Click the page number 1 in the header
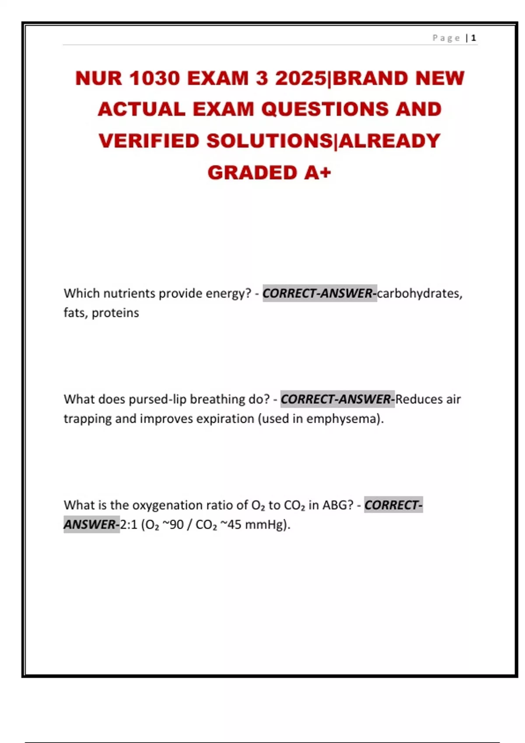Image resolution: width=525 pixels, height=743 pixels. tap(473, 38)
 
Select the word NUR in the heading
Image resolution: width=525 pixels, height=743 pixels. tap(99, 79)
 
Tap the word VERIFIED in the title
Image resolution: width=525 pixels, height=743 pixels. tap(149, 141)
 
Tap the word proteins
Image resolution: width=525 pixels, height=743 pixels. tap(115, 313)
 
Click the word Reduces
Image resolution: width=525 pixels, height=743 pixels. tap(419, 399)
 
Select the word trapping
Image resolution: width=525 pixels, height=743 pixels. tap(87, 419)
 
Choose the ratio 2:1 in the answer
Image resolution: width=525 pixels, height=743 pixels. tap(129, 524)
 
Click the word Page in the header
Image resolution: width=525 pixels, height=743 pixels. tap(446, 38)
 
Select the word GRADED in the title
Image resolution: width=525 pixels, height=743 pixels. tap(252, 173)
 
